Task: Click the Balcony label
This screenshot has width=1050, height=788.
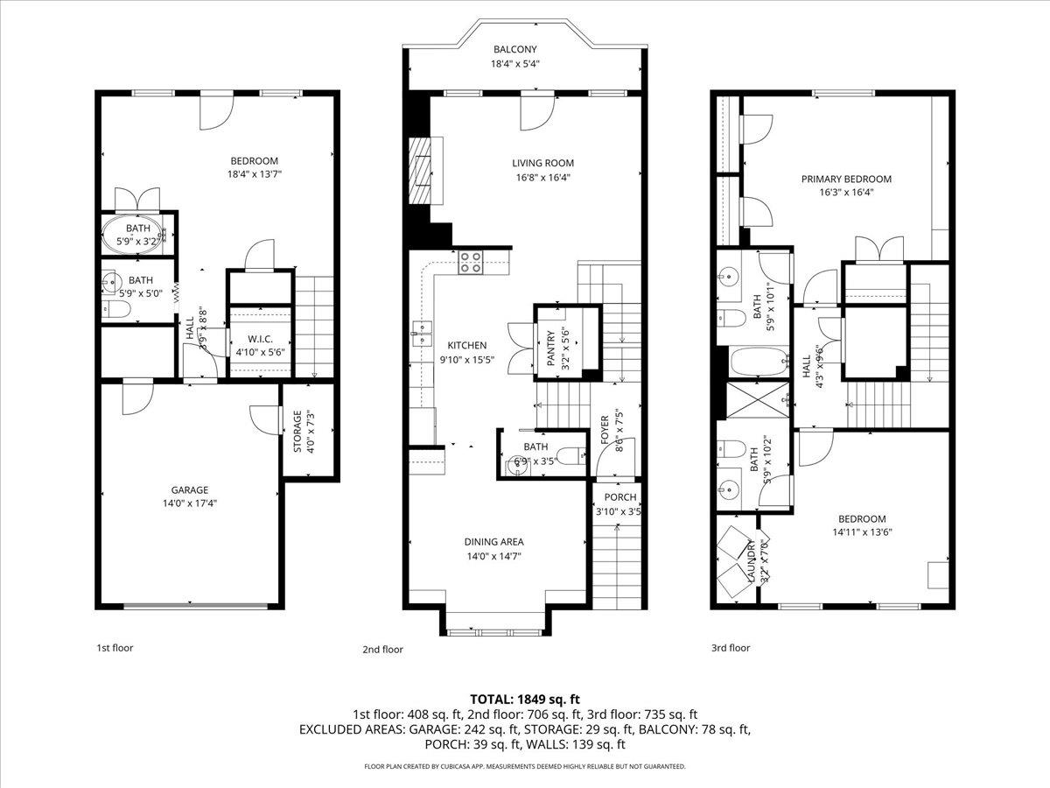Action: (x=514, y=50)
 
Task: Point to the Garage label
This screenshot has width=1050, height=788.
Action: (x=189, y=489)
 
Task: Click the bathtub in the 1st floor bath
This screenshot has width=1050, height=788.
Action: (x=137, y=235)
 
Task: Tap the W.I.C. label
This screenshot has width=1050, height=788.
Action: (x=259, y=339)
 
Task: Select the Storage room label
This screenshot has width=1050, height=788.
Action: (x=296, y=432)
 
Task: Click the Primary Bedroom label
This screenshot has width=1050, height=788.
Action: (x=846, y=179)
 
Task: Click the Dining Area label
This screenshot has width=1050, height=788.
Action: (x=493, y=542)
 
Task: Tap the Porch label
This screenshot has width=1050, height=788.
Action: (x=619, y=497)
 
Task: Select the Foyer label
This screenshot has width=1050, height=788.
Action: (x=604, y=430)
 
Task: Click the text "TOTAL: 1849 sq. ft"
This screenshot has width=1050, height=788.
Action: (x=525, y=699)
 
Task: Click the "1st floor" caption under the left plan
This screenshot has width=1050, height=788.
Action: (x=115, y=648)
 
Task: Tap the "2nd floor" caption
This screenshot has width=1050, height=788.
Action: (x=382, y=650)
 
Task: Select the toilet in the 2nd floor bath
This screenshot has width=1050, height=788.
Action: (x=570, y=455)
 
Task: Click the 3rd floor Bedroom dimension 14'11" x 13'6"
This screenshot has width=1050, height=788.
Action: (x=862, y=531)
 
